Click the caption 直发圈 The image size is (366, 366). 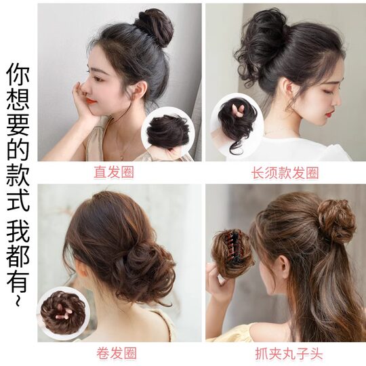coord(114,172)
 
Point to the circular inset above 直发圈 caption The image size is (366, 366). coord(167,131)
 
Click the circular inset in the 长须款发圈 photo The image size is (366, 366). coord(238,123)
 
